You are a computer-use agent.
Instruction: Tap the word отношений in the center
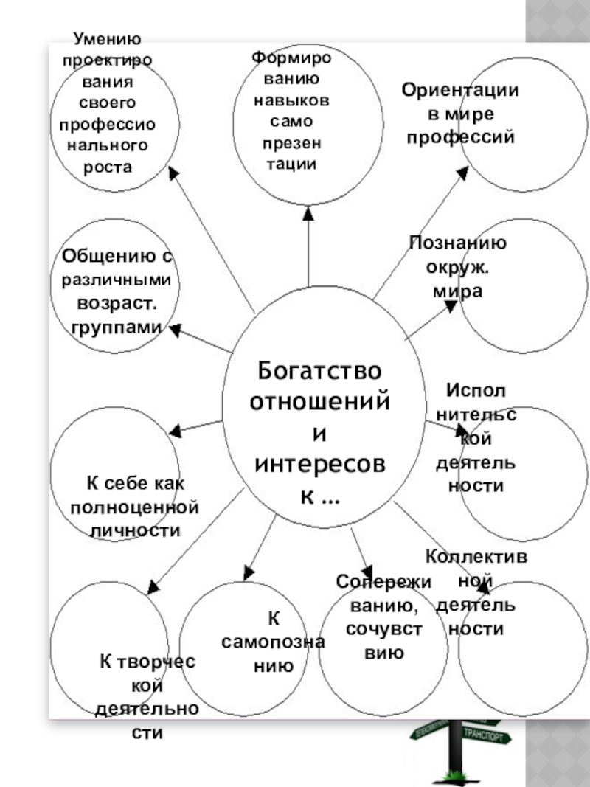coord(319,402)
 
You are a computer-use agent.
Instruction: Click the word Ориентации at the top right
coord(460,91)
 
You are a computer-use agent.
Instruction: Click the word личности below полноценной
coord(134,530)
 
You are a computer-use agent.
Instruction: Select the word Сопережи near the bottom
coord(383,581)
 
